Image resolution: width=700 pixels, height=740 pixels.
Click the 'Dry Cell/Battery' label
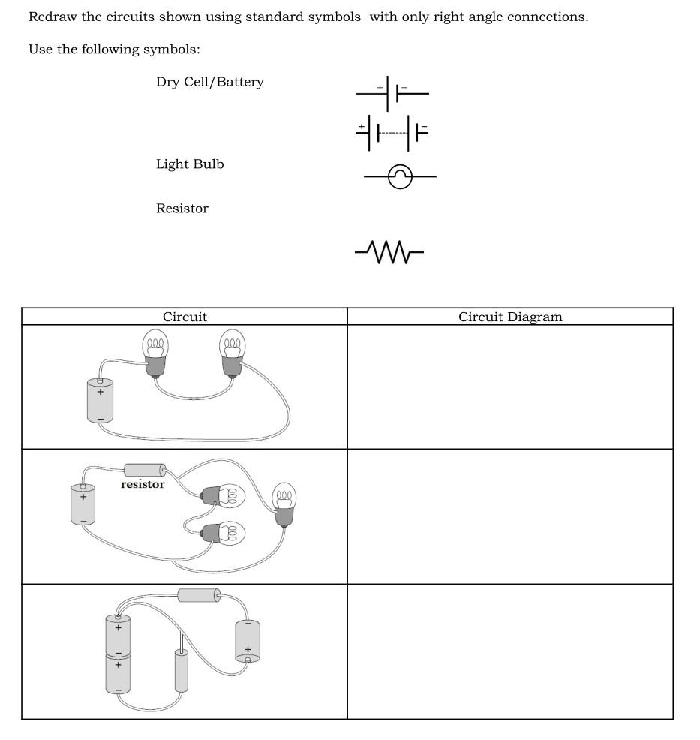click(x=209, y=82)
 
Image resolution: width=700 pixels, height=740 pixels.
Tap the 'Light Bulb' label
click(x=190, y=164)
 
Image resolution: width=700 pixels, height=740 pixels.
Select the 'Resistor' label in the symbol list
click(x=182, y=209)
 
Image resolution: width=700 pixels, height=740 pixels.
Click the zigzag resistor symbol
click(x=389, y=252)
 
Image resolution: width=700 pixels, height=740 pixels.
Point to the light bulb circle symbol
click(x=400, y=177)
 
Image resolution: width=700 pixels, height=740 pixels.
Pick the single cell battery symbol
click(x=392, y=93)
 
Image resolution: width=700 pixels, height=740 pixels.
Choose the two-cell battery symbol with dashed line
click(x=392, y=134)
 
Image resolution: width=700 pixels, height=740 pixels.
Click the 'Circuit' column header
click(x=185, y=317)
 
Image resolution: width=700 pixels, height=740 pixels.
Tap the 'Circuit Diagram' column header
click(x=510, y=317)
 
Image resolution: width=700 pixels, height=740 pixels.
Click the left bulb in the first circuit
click(x=155, y=353)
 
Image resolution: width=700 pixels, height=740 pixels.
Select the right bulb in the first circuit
click(x=232, y=353)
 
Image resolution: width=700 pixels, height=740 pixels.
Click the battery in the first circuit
click(x=100, y=401)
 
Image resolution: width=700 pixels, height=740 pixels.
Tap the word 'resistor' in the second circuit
click(x=143, y=485)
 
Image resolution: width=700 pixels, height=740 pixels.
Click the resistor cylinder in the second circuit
click(x=145, y=471)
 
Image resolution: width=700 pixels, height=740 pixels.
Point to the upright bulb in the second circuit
click(x=284, y=505)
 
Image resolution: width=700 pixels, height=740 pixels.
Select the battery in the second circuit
click(x=83, y=504)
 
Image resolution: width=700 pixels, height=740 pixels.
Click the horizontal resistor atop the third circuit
click(x=199, y=595)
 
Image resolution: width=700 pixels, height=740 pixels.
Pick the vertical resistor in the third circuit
click(x=181, y=670)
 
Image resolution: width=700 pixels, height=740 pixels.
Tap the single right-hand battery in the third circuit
click(x=248, y=641)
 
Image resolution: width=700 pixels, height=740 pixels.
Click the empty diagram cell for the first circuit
click(x=510, y=387)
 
